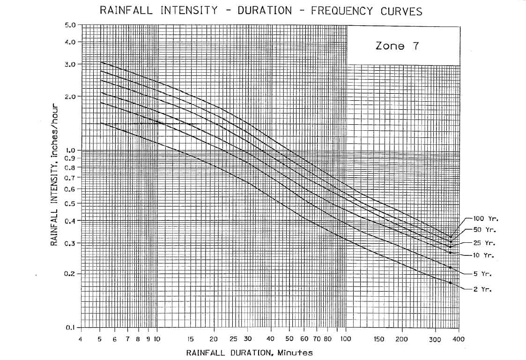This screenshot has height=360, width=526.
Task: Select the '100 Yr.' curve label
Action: [484, 219]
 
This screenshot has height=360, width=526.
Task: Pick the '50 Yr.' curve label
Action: [484, 230]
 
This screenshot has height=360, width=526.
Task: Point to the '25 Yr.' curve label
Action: [484, 243]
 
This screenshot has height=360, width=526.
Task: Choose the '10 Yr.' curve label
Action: [484, 255]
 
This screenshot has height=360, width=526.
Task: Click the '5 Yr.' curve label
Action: [482, 274]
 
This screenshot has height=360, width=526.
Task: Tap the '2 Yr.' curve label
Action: [482, 289]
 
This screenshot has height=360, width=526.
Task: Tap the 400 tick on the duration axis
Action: [459, 338]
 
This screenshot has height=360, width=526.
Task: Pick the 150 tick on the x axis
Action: [379, 338]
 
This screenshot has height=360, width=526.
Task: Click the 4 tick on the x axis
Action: [81, 338]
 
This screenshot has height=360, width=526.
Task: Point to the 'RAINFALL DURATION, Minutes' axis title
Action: [249, 352]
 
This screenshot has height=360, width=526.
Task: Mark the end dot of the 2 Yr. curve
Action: [450, 283]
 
